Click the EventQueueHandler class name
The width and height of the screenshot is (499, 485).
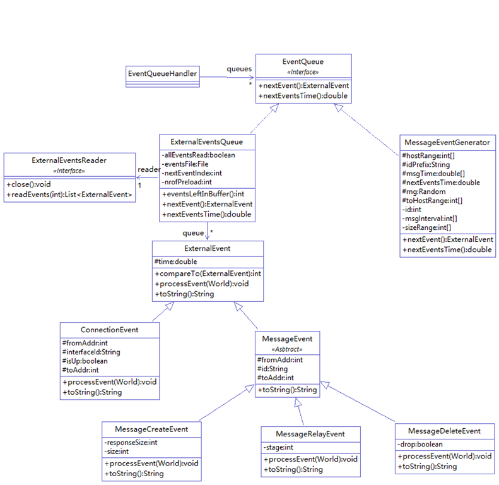click(x=163, y=73)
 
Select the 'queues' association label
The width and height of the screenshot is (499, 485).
click(x=240, y=69)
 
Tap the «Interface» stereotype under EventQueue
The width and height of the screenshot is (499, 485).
click(x=303, y=72)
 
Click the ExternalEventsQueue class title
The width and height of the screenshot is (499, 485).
click(x=207, y=142)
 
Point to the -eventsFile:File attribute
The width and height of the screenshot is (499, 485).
click(x=181, y=164)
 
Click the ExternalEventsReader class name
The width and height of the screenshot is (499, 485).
click(x=69, y=160)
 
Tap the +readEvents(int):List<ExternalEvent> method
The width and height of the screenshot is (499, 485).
click(x=69, y=195)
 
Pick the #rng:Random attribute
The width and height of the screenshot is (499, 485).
click(x=423, y=191)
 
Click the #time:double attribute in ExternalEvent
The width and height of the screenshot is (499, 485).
click(x=175, y=261)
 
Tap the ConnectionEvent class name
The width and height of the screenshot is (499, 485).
click(x=110, y=330)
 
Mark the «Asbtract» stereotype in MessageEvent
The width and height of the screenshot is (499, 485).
click(x=287, y=349)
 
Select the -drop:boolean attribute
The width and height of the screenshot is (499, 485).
click(x=421, y=444)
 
